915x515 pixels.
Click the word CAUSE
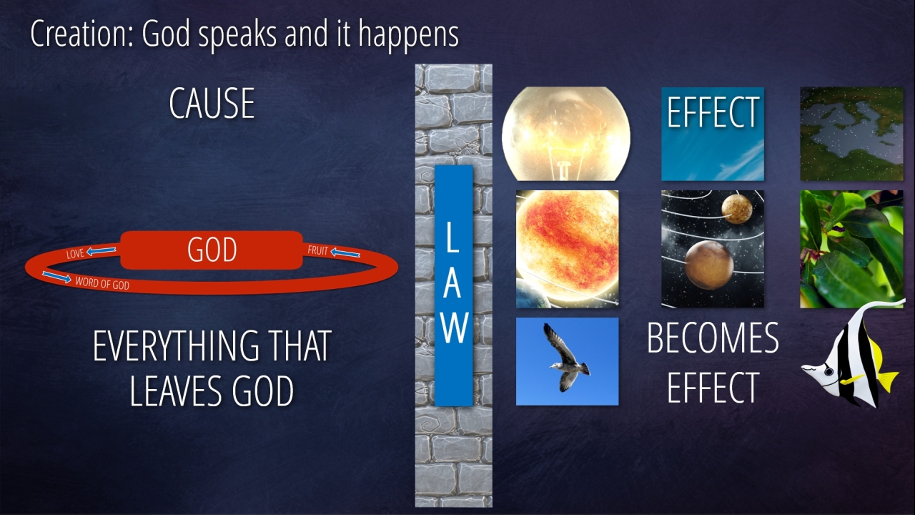212,104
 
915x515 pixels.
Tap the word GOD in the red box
212,250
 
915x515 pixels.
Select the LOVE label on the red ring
75,254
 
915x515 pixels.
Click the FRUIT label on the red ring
318,250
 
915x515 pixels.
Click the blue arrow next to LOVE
101,250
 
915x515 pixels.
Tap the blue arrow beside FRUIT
345,253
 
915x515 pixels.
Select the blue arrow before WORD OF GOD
56,277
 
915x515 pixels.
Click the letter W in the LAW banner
454,328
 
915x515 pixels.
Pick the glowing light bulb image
565,134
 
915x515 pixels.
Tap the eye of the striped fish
829,371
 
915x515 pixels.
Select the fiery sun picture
568,249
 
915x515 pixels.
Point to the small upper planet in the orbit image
737,209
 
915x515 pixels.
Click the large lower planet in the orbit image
708,265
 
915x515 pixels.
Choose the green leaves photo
851,249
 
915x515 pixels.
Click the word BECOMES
713,338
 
